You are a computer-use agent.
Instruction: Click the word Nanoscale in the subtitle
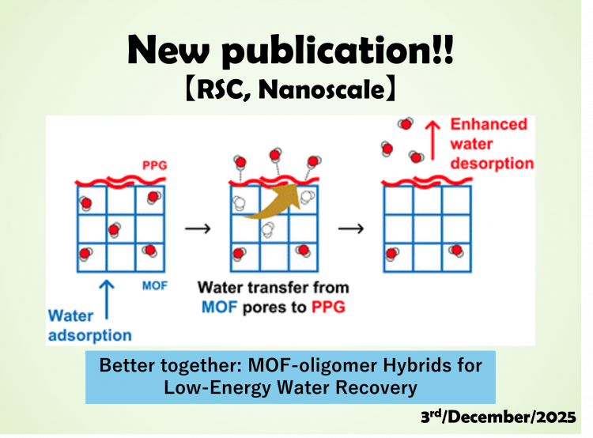click(x=322, y=89)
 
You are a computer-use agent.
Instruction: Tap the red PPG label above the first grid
click(x=155, y=165)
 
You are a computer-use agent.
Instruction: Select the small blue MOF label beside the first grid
click(x=155, y=285)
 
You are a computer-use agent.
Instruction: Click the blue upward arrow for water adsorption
click(x=107, y=300)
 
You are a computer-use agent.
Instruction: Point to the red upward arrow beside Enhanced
click(x=432, y=140)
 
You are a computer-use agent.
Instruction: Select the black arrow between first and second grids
click(x=198, y=228)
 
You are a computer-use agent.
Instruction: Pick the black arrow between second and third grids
click(x=351, y=228)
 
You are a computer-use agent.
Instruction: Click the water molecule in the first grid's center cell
click(x=114, y=229)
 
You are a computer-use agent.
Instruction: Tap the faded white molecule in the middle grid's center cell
click(x=267, y=229)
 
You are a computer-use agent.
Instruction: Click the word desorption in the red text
click(x=492, y=164)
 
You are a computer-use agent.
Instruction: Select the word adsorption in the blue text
click(x=90, y=335)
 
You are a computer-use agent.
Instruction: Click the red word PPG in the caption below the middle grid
click(x=328, y=307)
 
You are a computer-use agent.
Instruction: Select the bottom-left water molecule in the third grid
click(x=392, y=254)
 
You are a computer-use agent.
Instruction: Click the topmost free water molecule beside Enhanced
click(x=406, y=123)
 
